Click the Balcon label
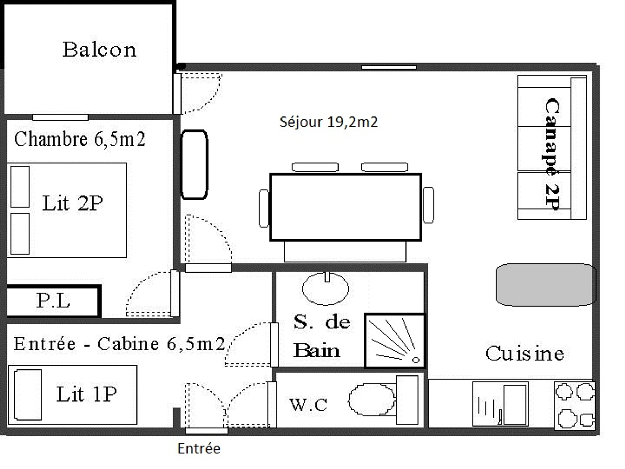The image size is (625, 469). tap(99, 50)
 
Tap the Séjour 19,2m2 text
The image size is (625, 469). tap(329, 122)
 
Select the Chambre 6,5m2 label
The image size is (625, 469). tap(80, 139)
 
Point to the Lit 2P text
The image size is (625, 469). tap(73, 203)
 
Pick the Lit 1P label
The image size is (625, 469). tap(86, 394)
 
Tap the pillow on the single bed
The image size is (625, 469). tap(28, 395)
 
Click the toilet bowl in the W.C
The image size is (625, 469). tap(372, 400)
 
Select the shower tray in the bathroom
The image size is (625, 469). tap(395, 341)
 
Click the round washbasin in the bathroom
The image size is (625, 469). tap(326, 289)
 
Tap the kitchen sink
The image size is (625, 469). tap(501, 404)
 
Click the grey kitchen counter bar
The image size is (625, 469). tap(546, 285)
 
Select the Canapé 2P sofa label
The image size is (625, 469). tap(552, 154)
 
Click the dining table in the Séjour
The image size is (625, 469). tap(346, 207)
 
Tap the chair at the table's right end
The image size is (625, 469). tap(428, 205)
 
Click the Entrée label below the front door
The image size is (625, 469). tap(199, 449)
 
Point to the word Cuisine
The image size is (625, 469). tap(525, 354)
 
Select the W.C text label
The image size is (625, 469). tap(308, 405)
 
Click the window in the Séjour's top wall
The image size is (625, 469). tap(389, 67)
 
